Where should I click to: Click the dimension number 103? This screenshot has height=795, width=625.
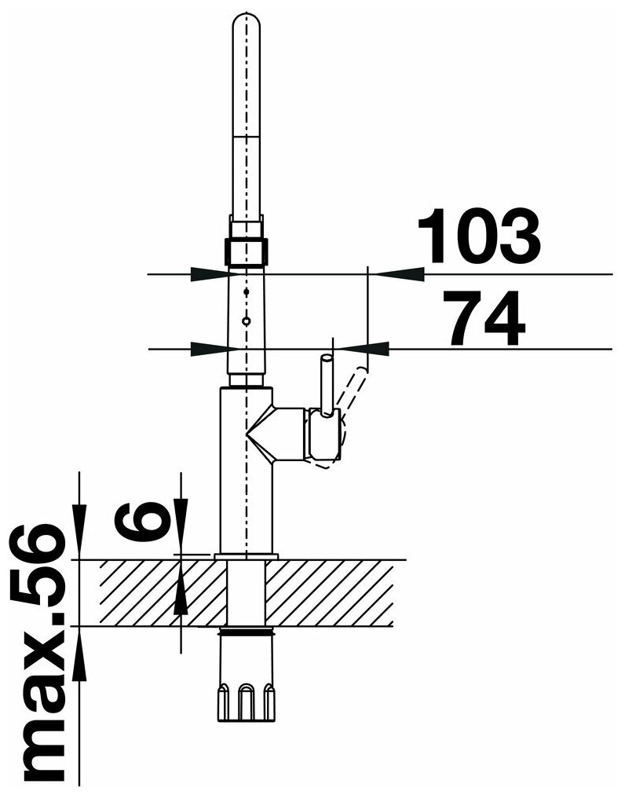pos(479,236)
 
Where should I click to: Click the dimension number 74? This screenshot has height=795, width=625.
pos(484,318)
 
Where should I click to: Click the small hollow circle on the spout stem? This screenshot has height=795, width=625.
pos(247,321)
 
